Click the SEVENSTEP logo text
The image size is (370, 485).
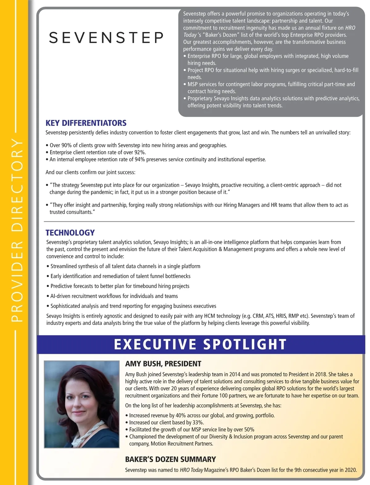click(x=106, y=38)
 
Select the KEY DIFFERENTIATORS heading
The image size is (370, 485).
click(x=86, y=123)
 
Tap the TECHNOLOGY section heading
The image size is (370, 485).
click(x=70, y=233)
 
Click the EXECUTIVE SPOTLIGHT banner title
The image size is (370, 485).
click(x=200, y=344)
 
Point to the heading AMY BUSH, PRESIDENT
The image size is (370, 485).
click(x=163, y=364)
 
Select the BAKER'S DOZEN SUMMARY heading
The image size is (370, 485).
click(x=170, y=459)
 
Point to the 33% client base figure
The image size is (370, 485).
click(x=197, y=422)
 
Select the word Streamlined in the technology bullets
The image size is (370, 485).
click(x=64, y=266)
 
